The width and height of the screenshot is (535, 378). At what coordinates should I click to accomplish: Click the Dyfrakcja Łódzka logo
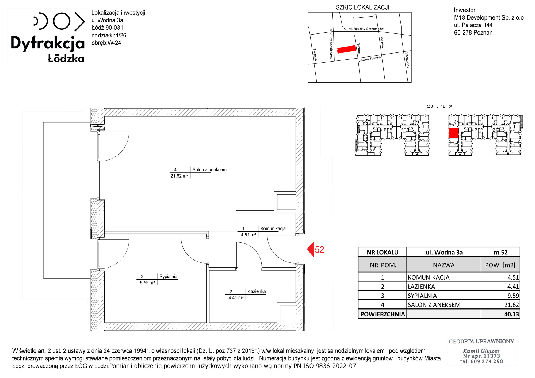[x=48, y=37]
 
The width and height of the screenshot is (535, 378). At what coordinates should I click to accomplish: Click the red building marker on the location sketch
[x=346, y=49]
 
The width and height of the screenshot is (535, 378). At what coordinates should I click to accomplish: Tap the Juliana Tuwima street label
[x=370, y=59]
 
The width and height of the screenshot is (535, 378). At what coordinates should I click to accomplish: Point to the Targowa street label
[x=315, y=55]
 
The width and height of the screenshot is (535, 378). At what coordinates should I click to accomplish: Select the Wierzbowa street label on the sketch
[x=407, y=60]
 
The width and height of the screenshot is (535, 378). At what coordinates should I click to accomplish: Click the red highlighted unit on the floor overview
[x=453, y=133]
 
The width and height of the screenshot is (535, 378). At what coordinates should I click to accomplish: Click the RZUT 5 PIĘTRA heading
[x=439, y=106]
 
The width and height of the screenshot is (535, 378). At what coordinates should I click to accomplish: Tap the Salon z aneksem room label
[x=209, y=170]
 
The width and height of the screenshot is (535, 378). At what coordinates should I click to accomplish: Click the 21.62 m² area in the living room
[x=179, y=176]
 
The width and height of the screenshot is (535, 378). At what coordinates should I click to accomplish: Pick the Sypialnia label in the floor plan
[x=168, y=277]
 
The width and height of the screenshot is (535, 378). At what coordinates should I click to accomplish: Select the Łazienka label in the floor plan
[x=257, y=291]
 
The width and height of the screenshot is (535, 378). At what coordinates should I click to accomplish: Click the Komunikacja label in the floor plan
[x=273, y=228]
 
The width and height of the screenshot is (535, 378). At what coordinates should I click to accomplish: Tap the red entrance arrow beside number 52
[x=310, y=249]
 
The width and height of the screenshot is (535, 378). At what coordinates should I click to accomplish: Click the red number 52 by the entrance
[x=319, y=250]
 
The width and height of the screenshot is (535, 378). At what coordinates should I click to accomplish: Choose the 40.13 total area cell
[x=511, y=314]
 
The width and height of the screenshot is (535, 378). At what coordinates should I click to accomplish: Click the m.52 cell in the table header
[x=500, y=252]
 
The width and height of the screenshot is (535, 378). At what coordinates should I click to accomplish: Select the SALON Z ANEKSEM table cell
[x=434, y=305]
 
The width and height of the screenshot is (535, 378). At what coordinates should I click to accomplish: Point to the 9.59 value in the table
[x=513, y=296]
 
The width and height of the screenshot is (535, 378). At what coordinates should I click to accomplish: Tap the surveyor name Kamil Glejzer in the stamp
[x=481, y=351]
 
